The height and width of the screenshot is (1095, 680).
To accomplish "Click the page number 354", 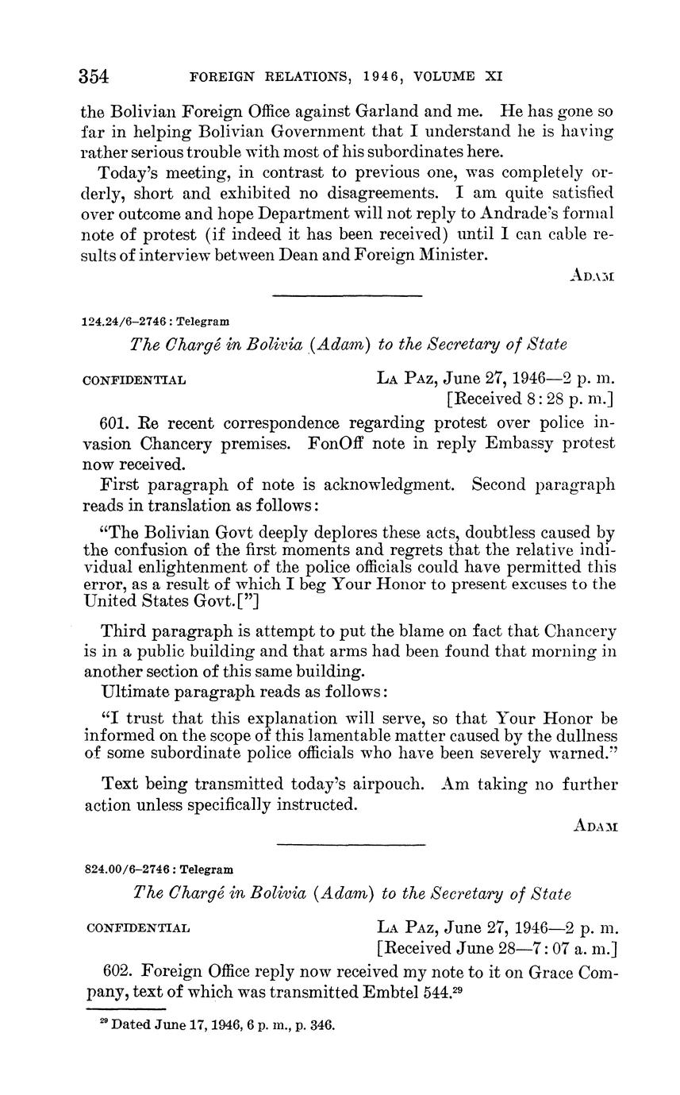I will [94, 77].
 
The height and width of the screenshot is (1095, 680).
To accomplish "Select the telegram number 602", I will [117, 971].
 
